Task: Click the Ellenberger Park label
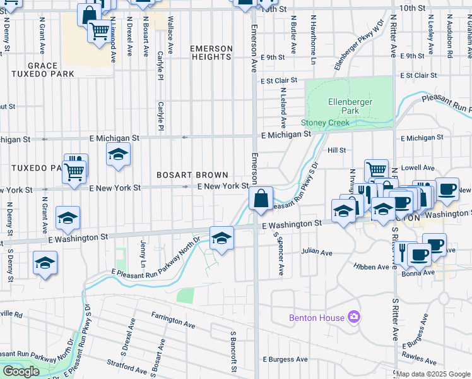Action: pyautogui.click(x=350, y=106)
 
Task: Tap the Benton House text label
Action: pyautogui.click(x=317, y=318)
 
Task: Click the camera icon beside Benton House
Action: pyautogui.click(x=354, y=316)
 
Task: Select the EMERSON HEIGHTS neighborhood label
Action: pyautogui.click(x=211, y=52)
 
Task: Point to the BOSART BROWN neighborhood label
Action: pyautogui.click(x=192, y=174)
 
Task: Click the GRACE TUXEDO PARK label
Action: pyautogui.click(x=42, y=69)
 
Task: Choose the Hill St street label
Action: pyautogui.click(x=336, y=150)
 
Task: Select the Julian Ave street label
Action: pyautogui.click(x=316, y=253)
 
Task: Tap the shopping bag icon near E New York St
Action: pyautogui.click(x=261, y=198)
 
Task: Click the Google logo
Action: pyautogui.click(x=21, y=371)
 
